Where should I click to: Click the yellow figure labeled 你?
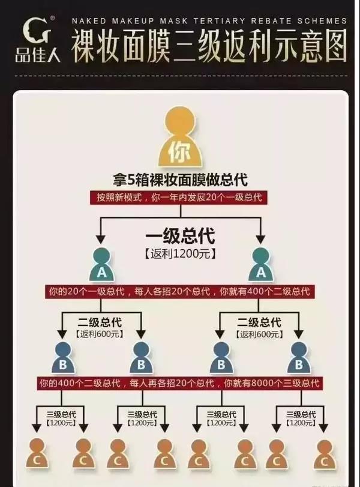point(180,137)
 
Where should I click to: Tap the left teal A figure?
point(101,265)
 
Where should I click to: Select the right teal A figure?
point(261,265)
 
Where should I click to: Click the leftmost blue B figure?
point(63,357)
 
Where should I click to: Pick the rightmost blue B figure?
point(299,357)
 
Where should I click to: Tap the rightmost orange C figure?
point(325,454)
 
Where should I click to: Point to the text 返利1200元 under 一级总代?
point(180,254)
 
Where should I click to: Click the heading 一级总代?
point(180,236)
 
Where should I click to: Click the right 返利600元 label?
point(259,334)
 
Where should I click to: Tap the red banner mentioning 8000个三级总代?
point(179,383)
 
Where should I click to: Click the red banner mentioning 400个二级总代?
point(179,291)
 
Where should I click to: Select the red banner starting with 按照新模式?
point(179,198)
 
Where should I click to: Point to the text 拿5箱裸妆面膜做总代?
point(180,180)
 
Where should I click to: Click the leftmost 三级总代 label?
point(61,414)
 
